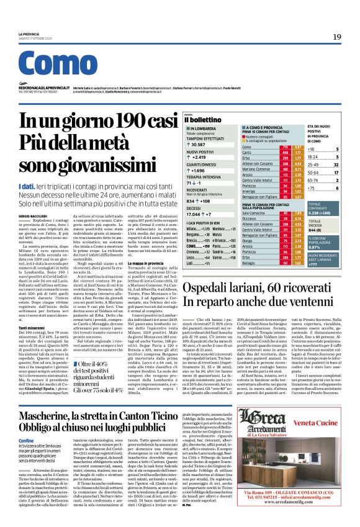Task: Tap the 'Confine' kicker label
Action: (26, 423)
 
